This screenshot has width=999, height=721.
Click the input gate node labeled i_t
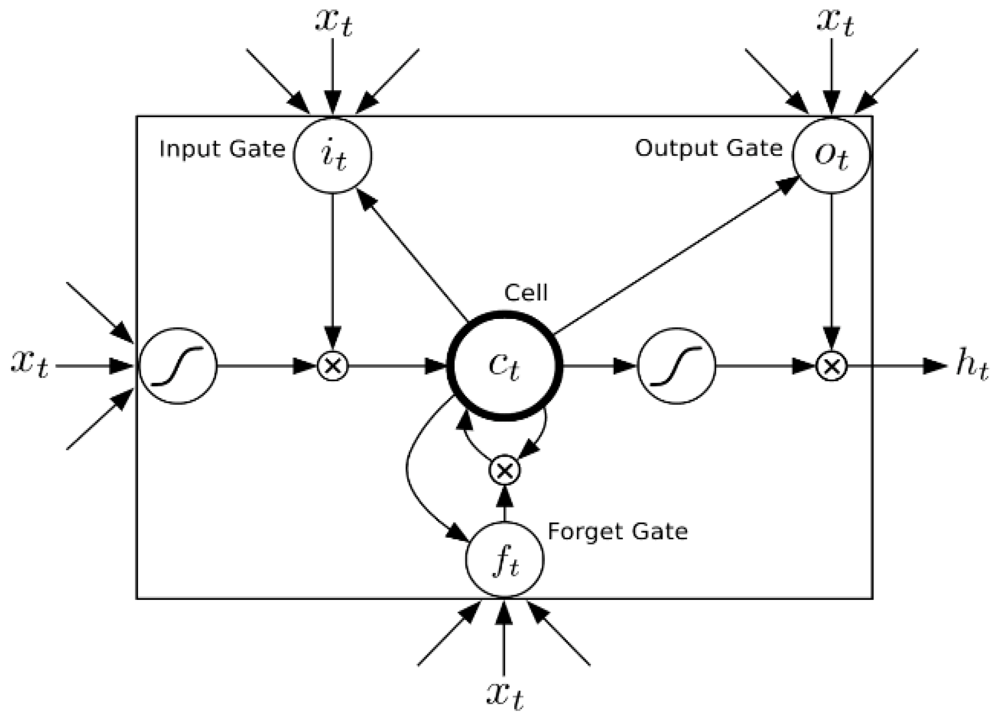(332, 155)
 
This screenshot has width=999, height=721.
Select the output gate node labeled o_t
(831, 155)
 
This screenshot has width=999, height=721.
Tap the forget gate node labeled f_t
(505, 560)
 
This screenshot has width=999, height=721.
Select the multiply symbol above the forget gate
(505, 470)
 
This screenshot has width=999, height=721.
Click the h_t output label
(971, 366)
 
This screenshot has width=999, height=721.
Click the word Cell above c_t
(525, 293)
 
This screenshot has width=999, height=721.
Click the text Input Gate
(222, 149)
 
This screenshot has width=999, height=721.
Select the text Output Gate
(708, 148)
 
